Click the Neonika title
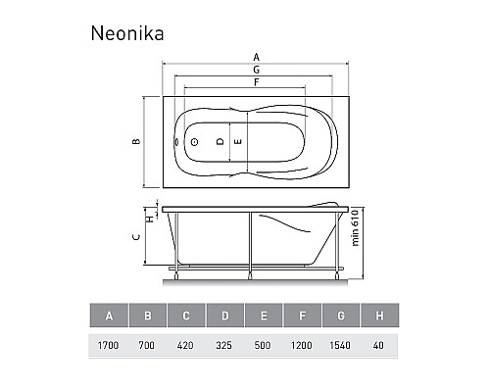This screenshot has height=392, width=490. (x=127, y=33)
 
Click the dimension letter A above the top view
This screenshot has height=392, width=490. (x=256, y=57)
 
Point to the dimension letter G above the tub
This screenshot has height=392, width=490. (x=257, y=70)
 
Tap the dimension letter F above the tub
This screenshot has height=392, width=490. (x=257, y=82)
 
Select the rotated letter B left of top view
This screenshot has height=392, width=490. (x=136, y=141)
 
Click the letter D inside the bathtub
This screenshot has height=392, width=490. (x=220, y=141)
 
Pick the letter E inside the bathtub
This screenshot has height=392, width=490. (x=238, y=141)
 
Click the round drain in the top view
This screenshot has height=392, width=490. (x=195, y=142)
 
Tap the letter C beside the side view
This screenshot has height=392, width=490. (x=136, y=237)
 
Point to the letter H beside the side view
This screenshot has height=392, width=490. (x=151, y=219)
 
